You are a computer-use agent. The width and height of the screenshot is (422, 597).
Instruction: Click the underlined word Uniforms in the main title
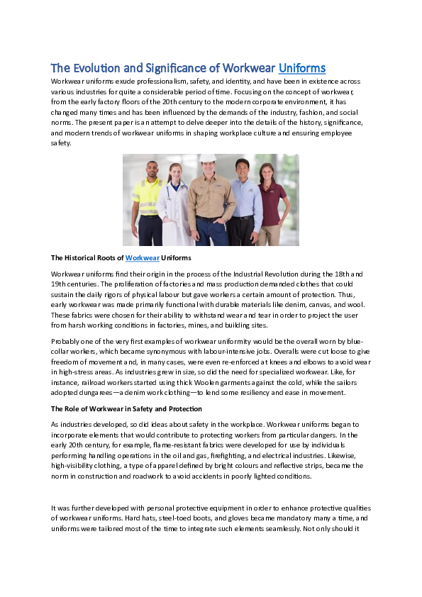[x=302, y=68]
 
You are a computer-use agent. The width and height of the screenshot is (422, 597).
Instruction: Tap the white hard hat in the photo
[x=207, y=159]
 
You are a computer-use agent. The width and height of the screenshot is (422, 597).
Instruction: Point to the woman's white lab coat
[x=174, y=209]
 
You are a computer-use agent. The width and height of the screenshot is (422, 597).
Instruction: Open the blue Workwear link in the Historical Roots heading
[x=142, y=257]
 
